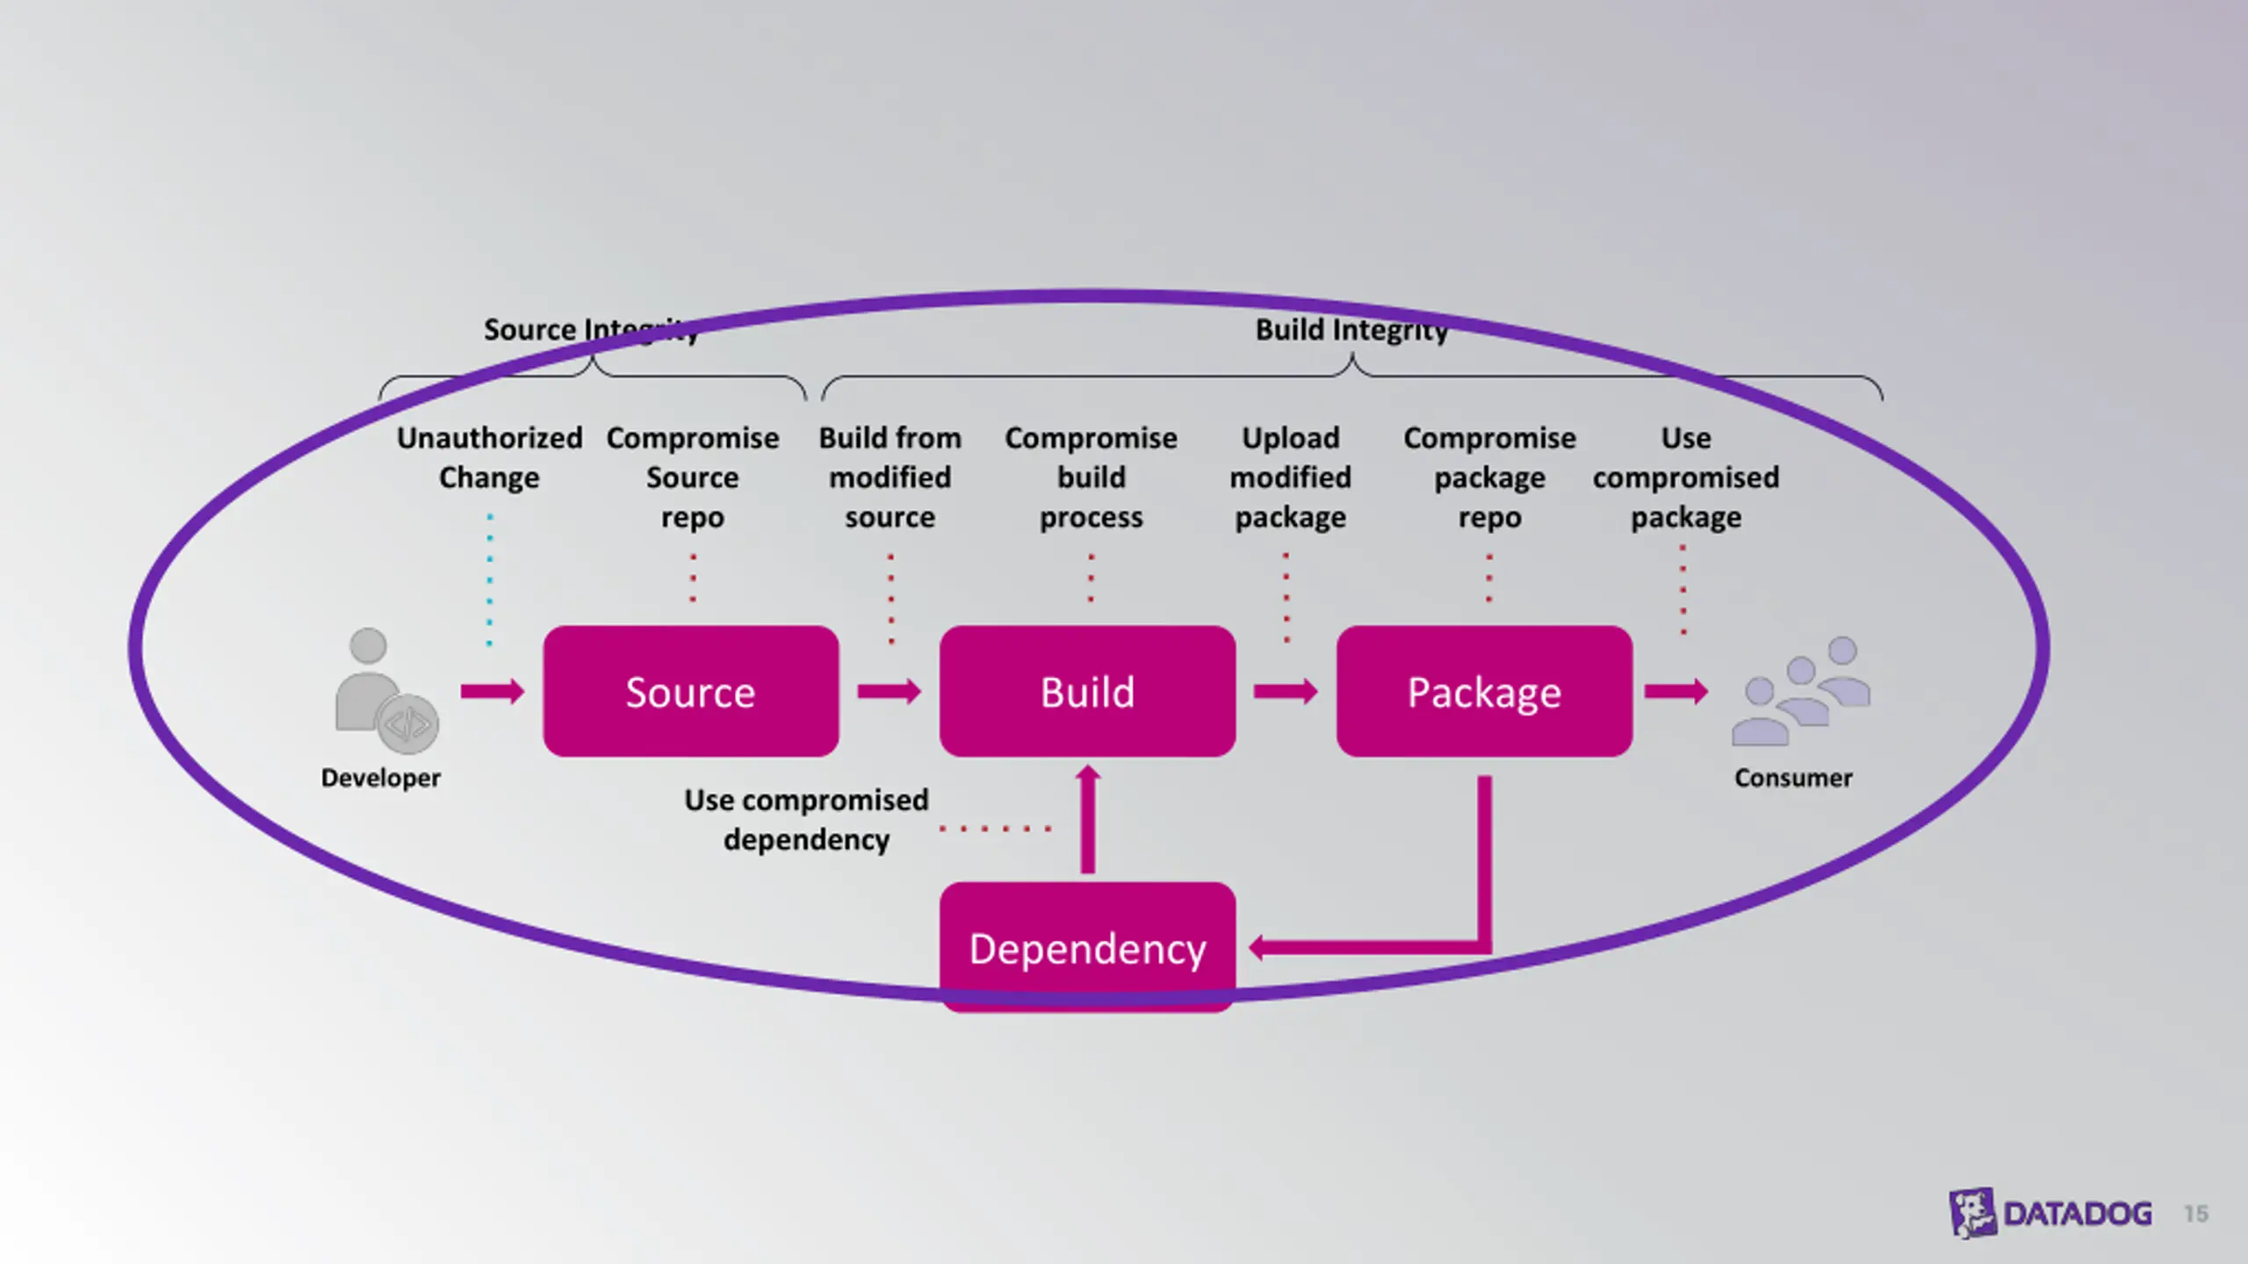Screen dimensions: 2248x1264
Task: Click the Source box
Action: click(691, 691)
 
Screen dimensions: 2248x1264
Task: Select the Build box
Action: click(1087, 691)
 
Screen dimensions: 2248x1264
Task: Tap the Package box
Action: click(1484, 691)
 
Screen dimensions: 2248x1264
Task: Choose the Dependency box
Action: click(1087, 947)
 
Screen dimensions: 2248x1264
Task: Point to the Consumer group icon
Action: click(1800, 691)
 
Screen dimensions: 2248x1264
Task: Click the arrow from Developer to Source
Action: click(493, 692)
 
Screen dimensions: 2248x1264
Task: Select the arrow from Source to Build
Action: click(889, 692)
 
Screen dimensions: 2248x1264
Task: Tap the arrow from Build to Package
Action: click(1286, 692)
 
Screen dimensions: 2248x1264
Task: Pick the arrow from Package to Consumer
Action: click(1675, 692)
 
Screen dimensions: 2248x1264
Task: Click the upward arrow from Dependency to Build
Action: click(1088, 819)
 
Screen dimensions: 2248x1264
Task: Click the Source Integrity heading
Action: click(591, 330)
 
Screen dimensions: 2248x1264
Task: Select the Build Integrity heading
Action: click(1351, 330)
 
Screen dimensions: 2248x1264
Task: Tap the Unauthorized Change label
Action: click(489, 457)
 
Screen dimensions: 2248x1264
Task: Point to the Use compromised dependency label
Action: click(806, 820)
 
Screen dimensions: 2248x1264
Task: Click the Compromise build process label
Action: click(1091, 478)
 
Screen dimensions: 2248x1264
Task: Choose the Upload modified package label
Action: click(1290, 478)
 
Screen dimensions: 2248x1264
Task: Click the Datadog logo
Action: click(2050, 1213)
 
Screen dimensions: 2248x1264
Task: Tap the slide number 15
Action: click(2196, 1214)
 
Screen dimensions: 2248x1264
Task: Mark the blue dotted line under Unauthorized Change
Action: click(490, 580)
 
